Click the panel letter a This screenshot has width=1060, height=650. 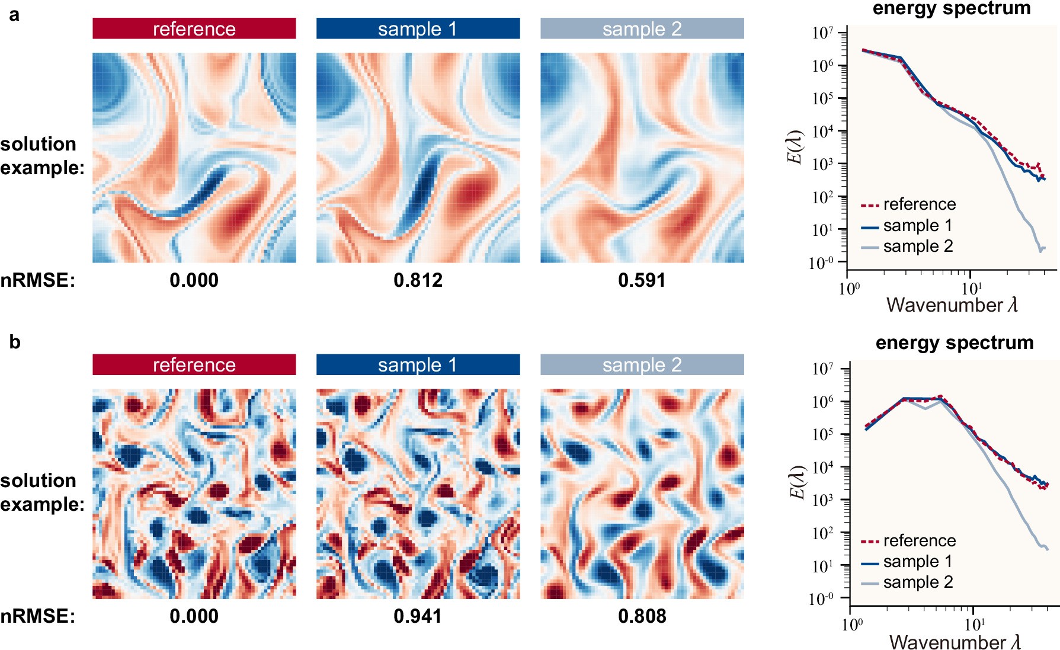coord(14,14)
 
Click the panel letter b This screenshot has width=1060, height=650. coord(15,342)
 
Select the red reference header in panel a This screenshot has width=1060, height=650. coord(194,28)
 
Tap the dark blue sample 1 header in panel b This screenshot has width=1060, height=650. coord(418,364)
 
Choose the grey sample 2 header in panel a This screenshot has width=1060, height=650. coord(642,28)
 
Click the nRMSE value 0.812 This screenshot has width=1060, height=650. coord(418,280)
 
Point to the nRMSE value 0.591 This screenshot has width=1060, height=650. coord(642,280)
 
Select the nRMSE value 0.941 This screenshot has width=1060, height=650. coord(418,616)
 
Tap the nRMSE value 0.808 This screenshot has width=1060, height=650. coord(642,616)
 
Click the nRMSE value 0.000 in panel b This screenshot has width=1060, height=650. coord(194,616)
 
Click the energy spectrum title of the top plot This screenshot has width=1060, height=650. coord(952,8)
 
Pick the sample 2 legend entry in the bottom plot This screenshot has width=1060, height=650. coord(918,582)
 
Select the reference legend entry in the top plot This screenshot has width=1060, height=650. coord(919,204)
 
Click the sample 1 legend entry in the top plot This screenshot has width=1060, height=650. coord(918,226)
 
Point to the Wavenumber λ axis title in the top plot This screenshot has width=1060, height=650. coord(952,305)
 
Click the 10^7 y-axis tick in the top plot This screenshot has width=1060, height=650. coord(823,33)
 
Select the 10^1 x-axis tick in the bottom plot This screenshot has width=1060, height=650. coord(974,624)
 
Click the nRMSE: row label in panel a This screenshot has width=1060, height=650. coord(38,280)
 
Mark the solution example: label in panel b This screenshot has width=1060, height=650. coord(41,492)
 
